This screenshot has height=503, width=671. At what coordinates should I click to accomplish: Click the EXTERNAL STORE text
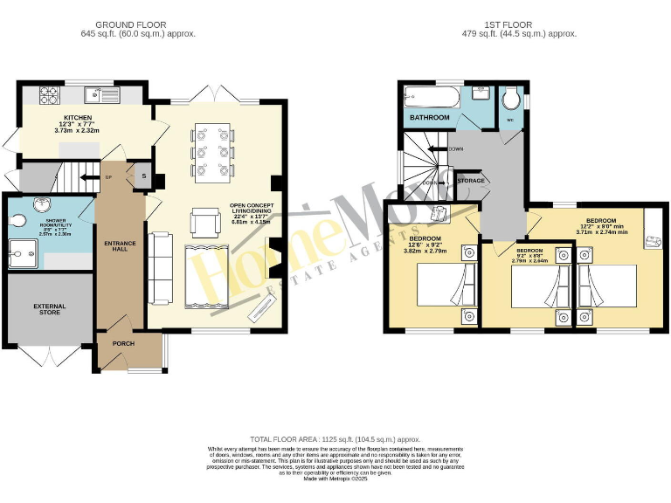pos(50,310)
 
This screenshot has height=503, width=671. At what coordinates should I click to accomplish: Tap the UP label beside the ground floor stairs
pos(108,176)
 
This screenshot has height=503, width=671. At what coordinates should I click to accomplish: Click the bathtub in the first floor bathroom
pos(436,94)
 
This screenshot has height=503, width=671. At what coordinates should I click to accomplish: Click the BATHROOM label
pos(430,118)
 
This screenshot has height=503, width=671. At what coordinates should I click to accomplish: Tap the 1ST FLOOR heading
pos(519,25)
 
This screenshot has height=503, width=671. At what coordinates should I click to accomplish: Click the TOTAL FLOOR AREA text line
pos(335,438)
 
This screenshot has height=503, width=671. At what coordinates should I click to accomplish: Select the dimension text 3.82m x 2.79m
pos(424,251)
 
